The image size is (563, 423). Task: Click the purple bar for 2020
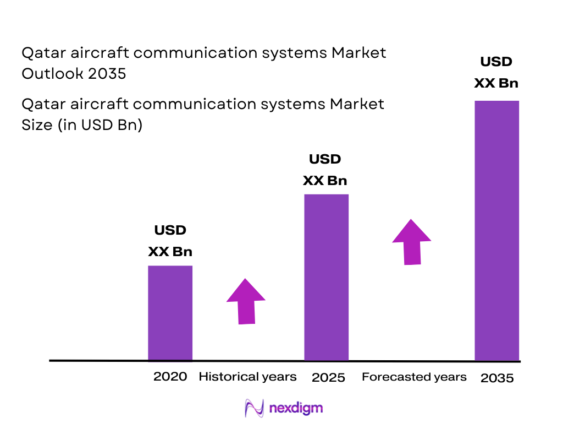(x=170, y=313)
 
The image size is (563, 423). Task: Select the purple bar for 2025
(x=326, y=277)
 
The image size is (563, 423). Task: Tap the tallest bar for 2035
(x=496, y=230)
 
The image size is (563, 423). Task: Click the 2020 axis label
(x=170, y=377)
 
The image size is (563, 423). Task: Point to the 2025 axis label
(x=328, y=378)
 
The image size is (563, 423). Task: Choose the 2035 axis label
(x=497, y=378)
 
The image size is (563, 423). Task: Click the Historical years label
(x=247, y=377)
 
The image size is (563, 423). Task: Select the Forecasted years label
(x=414, y=377)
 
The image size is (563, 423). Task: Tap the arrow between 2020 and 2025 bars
(x=246, y=301)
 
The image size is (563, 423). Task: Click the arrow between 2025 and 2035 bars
(x=411, y=242)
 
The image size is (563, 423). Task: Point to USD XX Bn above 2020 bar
(x=170, y=241)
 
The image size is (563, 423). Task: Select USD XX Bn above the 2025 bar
(x=326, y=170)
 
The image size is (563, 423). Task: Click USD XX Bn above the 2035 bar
(x=496, y=72)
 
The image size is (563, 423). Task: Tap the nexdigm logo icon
(x=254, y=408)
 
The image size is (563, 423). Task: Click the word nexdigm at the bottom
(x=296, y=408)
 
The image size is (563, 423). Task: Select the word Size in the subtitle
(x=36, y=125)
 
